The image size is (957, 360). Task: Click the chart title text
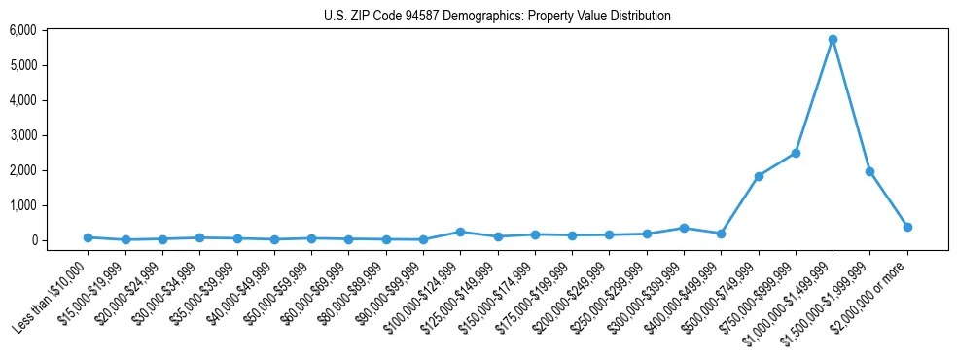497,17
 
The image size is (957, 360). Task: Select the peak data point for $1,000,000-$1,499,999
833,40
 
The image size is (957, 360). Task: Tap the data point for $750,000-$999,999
796,153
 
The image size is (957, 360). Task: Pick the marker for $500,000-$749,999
759,176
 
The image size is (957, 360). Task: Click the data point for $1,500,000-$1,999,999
869,171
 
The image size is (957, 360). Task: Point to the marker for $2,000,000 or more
907,227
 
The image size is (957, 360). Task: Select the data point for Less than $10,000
88,237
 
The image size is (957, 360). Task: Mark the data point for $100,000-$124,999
460,232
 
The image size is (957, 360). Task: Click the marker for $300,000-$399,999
684,228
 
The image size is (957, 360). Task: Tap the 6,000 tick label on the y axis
22,30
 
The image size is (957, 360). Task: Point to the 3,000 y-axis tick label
22,135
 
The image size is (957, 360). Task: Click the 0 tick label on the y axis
32,240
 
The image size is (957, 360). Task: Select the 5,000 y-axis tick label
22,65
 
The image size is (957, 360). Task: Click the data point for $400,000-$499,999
721,234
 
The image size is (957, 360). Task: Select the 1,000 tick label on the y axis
22,205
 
